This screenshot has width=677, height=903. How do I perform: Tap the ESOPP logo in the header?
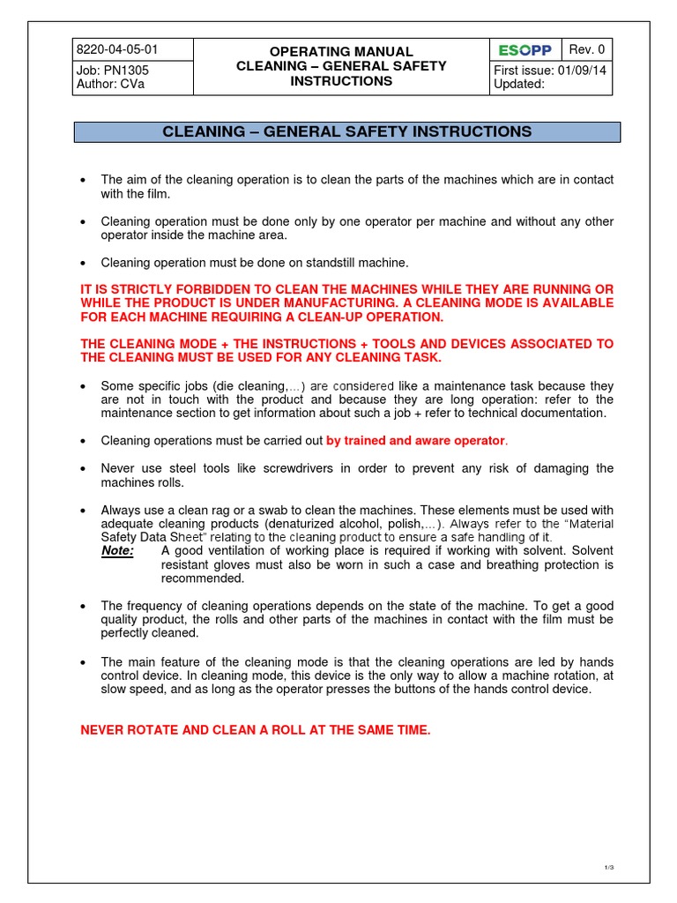[x=524, y=51]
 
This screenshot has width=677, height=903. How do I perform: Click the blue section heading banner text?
[x=347, y=132]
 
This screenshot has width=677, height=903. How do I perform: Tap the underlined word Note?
[x=117, y=550]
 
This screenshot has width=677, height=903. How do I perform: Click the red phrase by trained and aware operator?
[x=416, y=440]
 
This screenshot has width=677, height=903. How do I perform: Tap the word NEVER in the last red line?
[x=101, y=730]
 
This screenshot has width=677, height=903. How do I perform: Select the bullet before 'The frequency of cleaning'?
[x=83, y=607]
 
